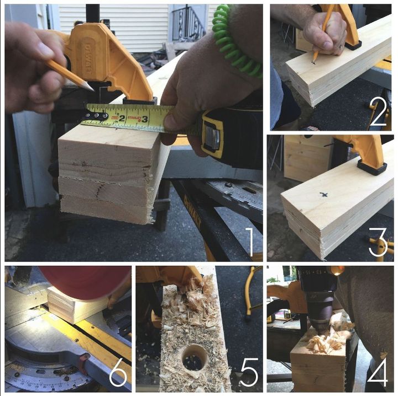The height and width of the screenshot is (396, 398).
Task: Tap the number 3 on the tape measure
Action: (144, 118)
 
